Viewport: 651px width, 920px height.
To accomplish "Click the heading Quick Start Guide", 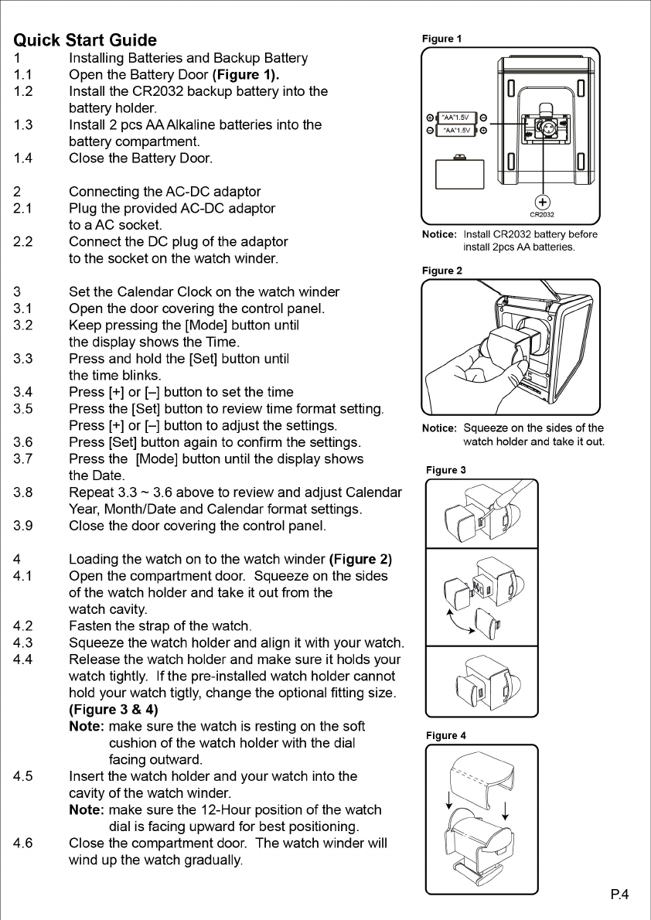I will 85,40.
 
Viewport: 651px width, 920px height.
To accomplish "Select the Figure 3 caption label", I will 446,470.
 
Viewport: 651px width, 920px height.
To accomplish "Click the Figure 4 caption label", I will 446,736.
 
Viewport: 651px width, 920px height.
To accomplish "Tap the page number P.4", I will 619,895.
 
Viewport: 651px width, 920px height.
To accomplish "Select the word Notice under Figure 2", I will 439,428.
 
